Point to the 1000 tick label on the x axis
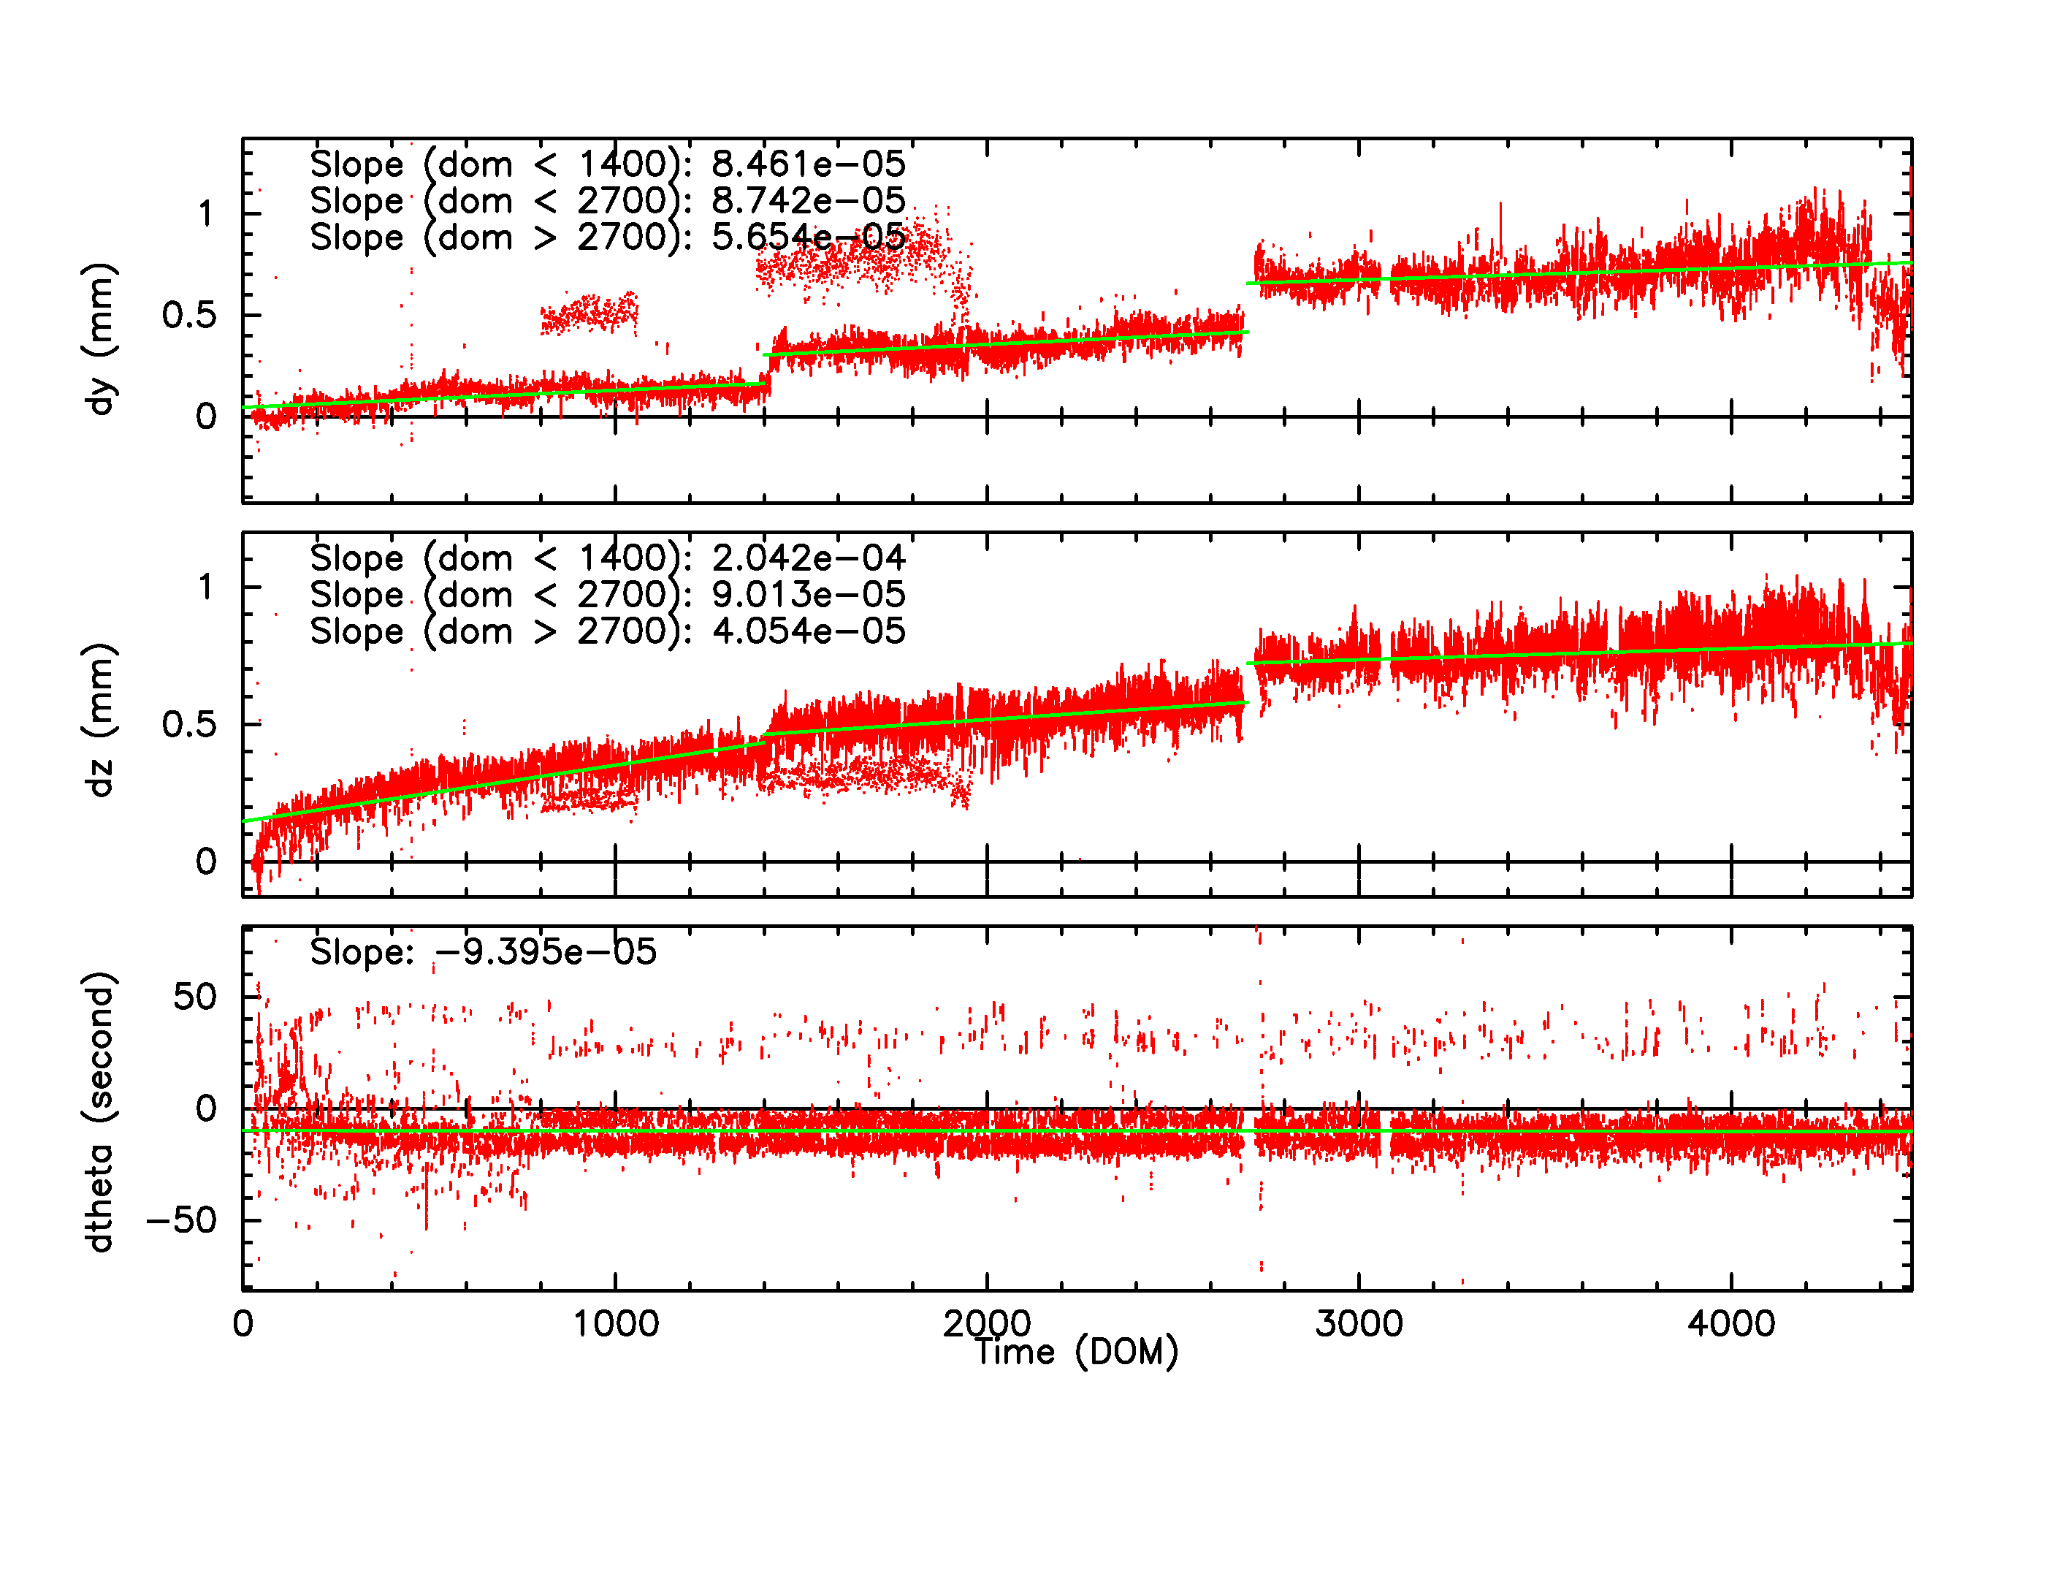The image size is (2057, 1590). click(x=616, y=1323)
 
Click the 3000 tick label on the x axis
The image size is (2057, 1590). click(x=1359, y=1323)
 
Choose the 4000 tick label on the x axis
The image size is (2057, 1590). click(x=1731, y=1323)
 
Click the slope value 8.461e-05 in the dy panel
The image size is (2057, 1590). click(x=808, y=164)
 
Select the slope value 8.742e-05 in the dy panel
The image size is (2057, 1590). click(x=808, y=201)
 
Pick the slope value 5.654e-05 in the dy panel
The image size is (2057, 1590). click(x=808, y=237)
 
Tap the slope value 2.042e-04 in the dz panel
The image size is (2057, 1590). click(x=808, y=558)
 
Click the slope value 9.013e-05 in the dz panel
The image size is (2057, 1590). click(x=808, y=594)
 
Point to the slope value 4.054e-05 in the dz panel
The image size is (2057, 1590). click(x=808, y=631)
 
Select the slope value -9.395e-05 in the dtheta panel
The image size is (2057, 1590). click(x=546, y=951)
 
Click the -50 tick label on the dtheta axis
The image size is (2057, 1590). click(x=181, y=1220)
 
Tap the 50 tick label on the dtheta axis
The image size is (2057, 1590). click(x=194, y=997)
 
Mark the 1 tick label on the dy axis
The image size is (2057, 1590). click(x=205, y=214)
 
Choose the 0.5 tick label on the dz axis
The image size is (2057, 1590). click(x=188, y=724)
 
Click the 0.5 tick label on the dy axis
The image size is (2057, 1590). click(x=188, y=315)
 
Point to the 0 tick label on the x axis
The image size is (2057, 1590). click(x=243, y=1323)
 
